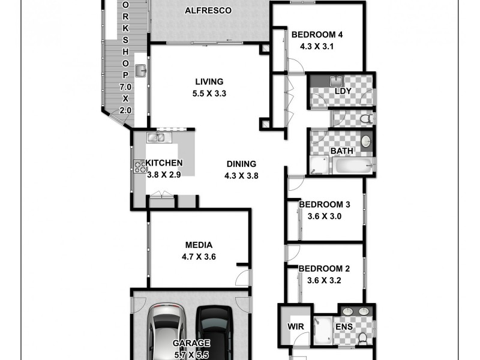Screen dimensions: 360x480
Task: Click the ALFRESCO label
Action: click(x=208, y=11)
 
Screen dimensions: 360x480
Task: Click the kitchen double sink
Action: click(x=157, y=138)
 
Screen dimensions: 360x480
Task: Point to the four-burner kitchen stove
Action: click(x=138, y=166)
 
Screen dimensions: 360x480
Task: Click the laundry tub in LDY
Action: click(x=337, y=81)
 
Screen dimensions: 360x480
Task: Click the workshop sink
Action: click(x=141, y=71)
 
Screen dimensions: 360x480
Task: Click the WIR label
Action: click(x=294, y=328)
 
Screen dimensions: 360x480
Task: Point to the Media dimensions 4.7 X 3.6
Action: click(x=199, y=256)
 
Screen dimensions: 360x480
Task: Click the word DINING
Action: click(x=241, y=164)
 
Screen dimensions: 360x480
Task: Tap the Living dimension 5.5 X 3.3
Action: click(x=209, y=93)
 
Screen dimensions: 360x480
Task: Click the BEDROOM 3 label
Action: click(x=324, y=205)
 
